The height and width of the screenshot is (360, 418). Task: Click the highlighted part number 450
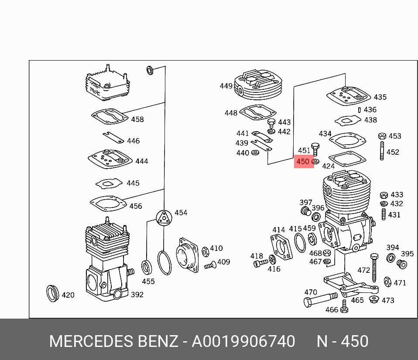[303, 162]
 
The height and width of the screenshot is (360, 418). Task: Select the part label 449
[226, 86]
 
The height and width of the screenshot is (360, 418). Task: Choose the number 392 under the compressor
[137, 295]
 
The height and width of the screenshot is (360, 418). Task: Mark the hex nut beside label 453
[382, 136]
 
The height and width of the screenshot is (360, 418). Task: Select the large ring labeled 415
[300, 242]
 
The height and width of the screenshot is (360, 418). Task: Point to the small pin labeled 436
[359, 110]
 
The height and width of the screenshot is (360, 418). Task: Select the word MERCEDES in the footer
[86, 341]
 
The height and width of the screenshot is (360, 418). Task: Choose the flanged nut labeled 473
[373, 299]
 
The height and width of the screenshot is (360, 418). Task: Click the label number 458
[137, 119]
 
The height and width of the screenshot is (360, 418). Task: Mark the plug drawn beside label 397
[305, 212]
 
